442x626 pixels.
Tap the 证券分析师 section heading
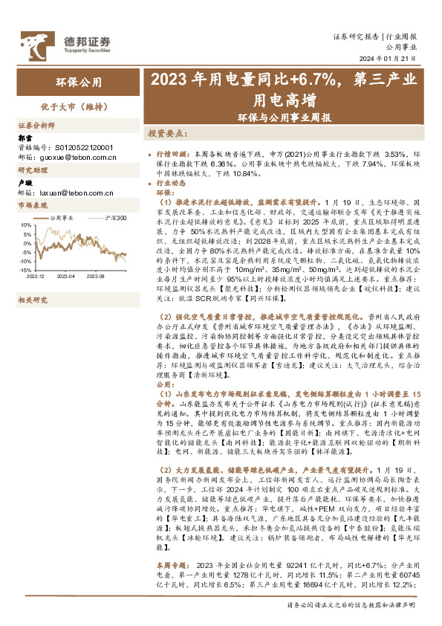(36, 126)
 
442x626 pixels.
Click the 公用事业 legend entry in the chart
(63, 218)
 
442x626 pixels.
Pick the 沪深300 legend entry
(113, 218)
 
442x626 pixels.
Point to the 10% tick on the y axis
(25, 225)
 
